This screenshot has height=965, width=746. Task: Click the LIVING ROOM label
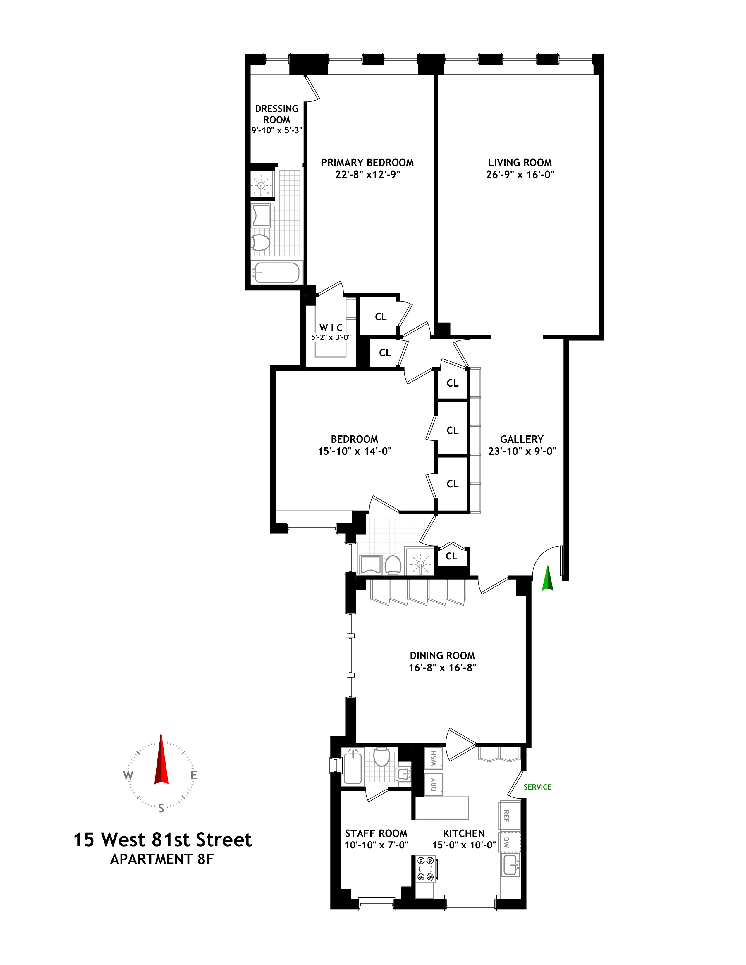[x=520, y=163]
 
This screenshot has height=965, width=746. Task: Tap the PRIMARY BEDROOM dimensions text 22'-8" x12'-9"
[x=367, y=175]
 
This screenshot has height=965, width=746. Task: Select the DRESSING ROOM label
[x=277, y=114]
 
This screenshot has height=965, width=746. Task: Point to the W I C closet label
[x=331, y=328]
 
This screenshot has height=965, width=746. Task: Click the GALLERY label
[x=522, y=439]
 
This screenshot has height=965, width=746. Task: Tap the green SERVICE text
[x=537, y=787]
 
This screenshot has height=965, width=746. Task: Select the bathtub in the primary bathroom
[x=276, y=273]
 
